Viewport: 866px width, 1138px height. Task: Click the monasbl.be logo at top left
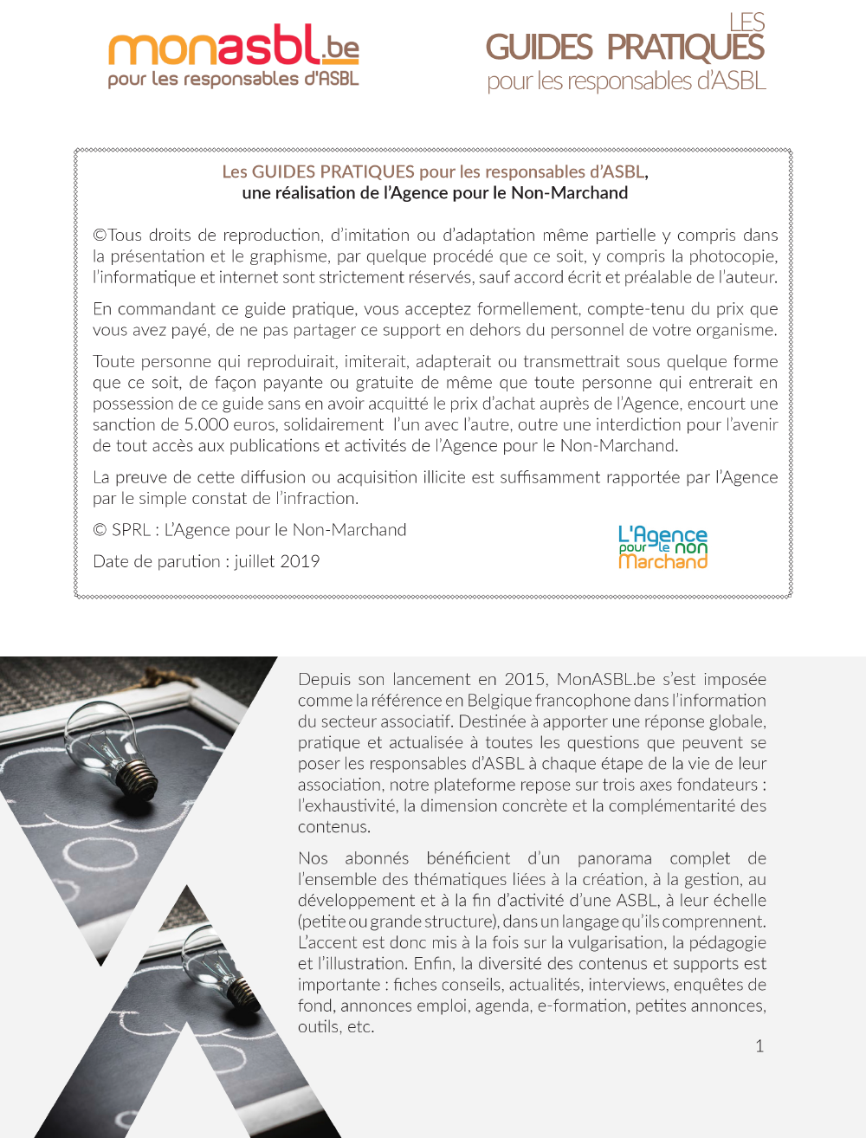pos(233,48)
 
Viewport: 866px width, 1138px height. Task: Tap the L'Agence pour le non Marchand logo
pos(662,547)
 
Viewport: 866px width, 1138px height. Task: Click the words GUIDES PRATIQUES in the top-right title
pos(624,48)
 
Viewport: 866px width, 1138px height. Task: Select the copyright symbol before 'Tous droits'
pos(100,236)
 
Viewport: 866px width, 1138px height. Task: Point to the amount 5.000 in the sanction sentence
pos(206,424)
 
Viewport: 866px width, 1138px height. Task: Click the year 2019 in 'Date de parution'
pos(300,561)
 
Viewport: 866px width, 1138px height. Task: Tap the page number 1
pos(759,1046)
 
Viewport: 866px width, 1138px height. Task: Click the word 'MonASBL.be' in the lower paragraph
pos(605,679)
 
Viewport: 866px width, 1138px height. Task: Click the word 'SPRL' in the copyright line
pos(131,530)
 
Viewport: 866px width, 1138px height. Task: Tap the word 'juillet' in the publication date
pos(255,561)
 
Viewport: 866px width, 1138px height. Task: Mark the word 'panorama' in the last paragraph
pos(614,858)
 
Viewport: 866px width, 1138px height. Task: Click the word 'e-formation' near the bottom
pos(582,1005)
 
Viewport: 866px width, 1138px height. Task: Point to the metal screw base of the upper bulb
pos(139,773)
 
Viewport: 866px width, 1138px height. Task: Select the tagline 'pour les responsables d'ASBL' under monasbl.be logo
pos(233,80)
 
